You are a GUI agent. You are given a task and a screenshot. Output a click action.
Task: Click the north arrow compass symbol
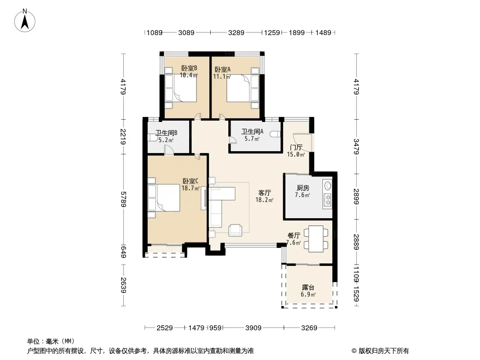point(25,21)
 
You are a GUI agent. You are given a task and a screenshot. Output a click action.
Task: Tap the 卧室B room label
point(189,68)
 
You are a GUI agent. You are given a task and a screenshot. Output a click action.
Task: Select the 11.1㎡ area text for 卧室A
point(222,76)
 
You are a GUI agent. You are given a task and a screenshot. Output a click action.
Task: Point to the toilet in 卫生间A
point(276,134)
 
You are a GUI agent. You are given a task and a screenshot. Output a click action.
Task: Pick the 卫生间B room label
point(167,133)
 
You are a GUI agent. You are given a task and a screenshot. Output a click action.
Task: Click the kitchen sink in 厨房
point(328,186)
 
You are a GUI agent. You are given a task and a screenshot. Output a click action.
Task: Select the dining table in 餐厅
point(316,238)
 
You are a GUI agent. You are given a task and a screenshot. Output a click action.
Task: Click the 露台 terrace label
point(308,288)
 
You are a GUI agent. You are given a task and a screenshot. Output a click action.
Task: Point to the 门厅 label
point(296,148)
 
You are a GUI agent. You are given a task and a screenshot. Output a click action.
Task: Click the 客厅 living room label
point(264,193)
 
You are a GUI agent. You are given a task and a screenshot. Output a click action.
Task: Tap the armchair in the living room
point(235,230)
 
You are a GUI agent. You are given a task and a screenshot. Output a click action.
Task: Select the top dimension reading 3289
point(236,32)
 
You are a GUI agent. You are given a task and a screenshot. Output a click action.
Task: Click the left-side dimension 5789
point(123,199)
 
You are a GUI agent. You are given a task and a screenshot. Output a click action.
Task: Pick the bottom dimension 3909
point(254,328)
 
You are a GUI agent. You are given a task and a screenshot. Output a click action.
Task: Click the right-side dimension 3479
point(356,147)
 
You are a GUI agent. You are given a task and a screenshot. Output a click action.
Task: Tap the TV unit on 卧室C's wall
point(203,198)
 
